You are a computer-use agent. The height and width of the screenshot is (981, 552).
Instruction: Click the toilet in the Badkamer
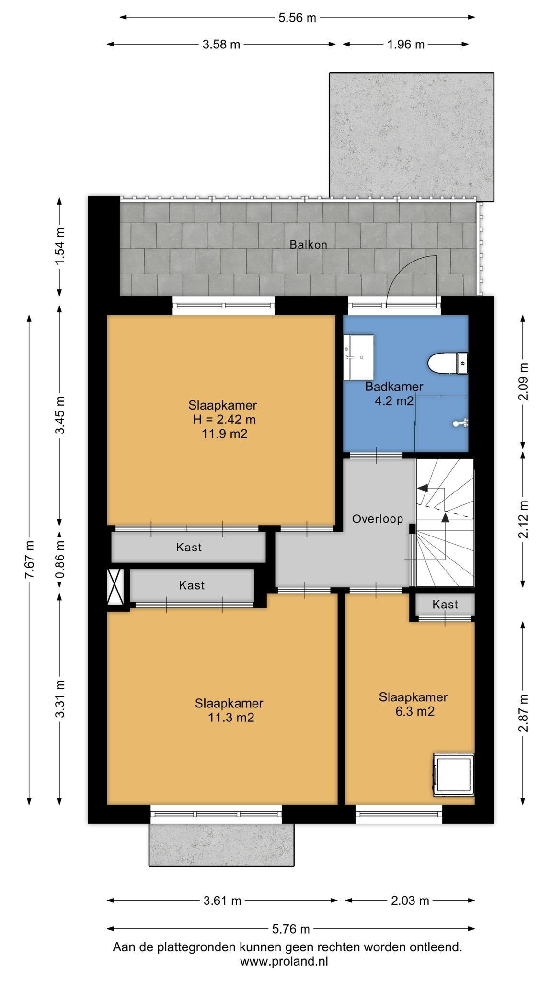point(448,363)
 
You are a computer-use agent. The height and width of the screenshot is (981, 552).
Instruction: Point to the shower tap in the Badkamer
point(461,422)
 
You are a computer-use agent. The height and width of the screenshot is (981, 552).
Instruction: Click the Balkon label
point(308,245)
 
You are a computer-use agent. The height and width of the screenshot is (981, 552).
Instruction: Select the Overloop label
point(378,519)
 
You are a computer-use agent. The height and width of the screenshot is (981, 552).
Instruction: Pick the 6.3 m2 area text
point(415,711)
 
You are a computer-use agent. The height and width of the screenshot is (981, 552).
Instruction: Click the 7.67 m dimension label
point(29,559)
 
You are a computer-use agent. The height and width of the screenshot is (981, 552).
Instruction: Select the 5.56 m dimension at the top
point(298,18)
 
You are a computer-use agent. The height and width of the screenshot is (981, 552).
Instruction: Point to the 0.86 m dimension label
point(60,559)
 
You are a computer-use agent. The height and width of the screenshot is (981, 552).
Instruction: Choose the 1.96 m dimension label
point(406,45)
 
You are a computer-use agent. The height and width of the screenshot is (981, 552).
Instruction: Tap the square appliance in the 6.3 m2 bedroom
point(453,775)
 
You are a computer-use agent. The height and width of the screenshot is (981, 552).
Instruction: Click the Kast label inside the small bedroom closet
point(445,605)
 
